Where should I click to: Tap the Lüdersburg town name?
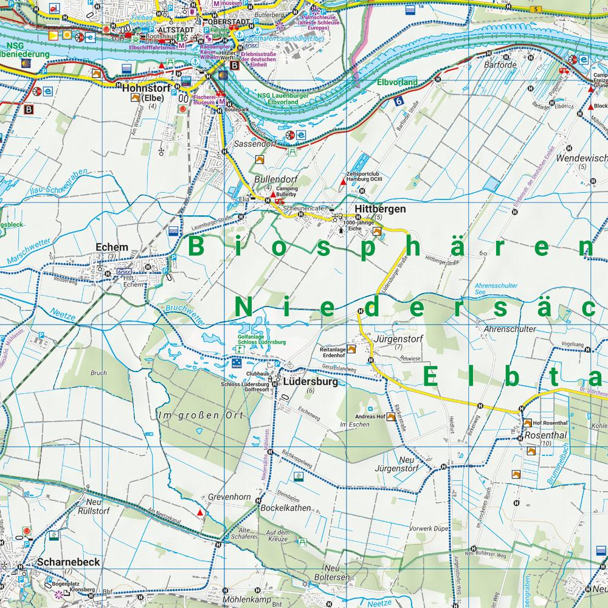click(x=310, y=382)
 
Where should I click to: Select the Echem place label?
click(x=112, y=247)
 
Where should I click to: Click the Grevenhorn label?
click(x=229, y=497)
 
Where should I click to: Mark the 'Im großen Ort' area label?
click(x=200, y=415)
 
